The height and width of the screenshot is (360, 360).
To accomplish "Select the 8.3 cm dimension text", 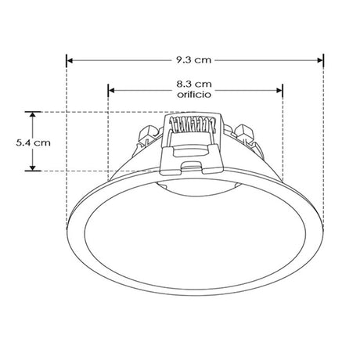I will (194, 82).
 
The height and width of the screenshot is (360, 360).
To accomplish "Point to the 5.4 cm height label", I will (33, 142).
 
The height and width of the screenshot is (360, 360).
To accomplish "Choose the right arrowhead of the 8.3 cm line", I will (279, 88).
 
